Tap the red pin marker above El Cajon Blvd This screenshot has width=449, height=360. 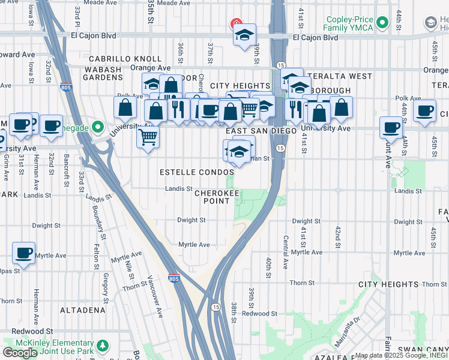click(235, 24)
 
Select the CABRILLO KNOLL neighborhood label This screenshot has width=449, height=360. click(125, 59)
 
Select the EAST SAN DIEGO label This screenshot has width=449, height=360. click(261, 131)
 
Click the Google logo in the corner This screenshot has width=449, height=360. click(20, 352)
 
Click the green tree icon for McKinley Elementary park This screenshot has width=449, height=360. click(103, 346)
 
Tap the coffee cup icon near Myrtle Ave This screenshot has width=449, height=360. click(23, 252)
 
